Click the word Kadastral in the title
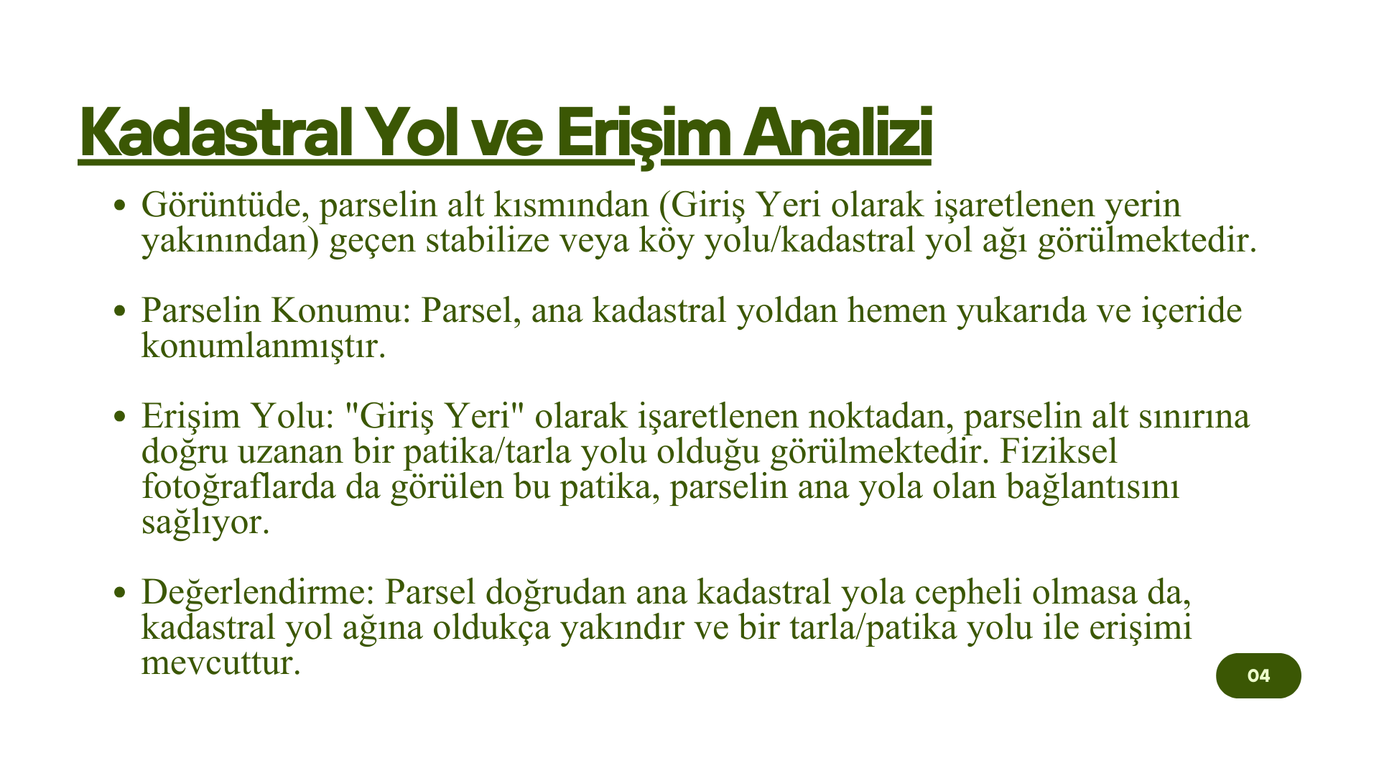click(216, 133)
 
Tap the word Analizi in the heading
click(837, 133)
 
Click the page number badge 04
click(1258, 675)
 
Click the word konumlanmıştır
click(264, 346)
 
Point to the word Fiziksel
click(1059, 451)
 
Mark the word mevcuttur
click(220, 662)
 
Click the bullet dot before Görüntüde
click(121, 206)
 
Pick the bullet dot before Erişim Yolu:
click(121, 417)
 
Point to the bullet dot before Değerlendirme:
click(121, 593)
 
